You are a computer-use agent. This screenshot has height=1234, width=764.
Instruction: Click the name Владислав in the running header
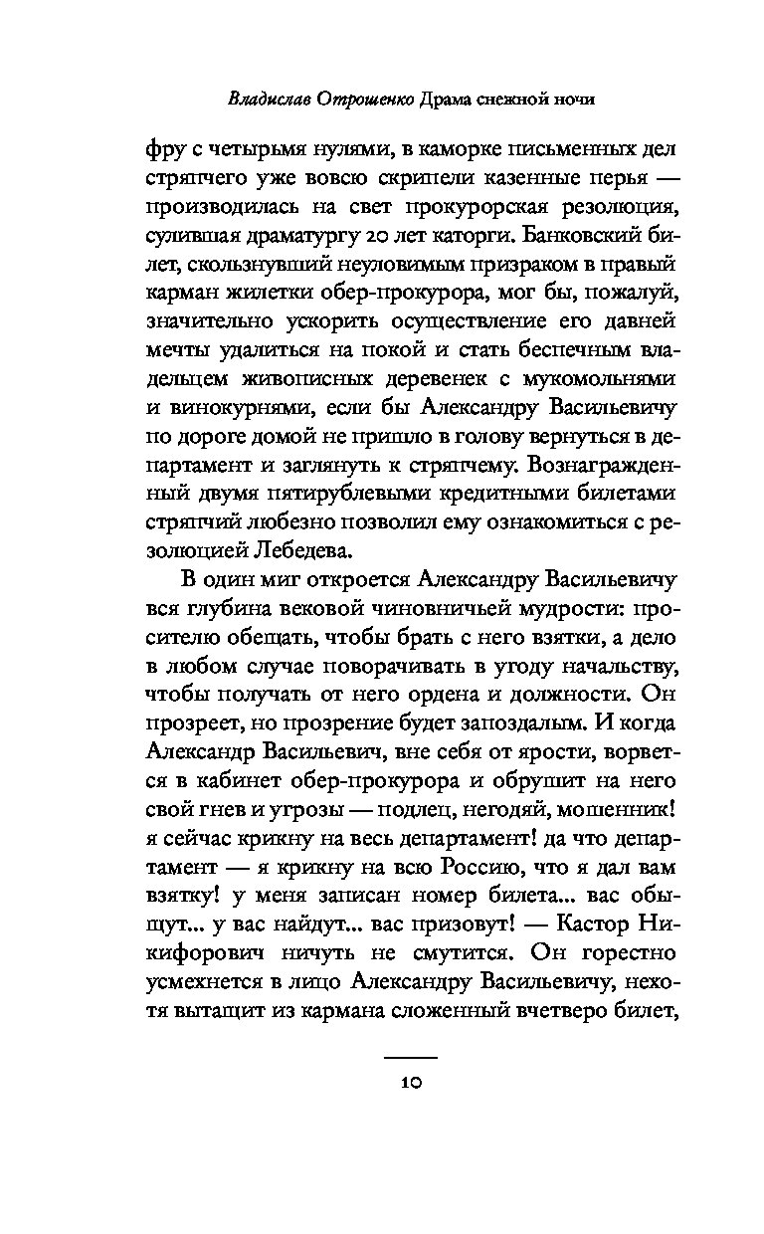pos(268,99)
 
